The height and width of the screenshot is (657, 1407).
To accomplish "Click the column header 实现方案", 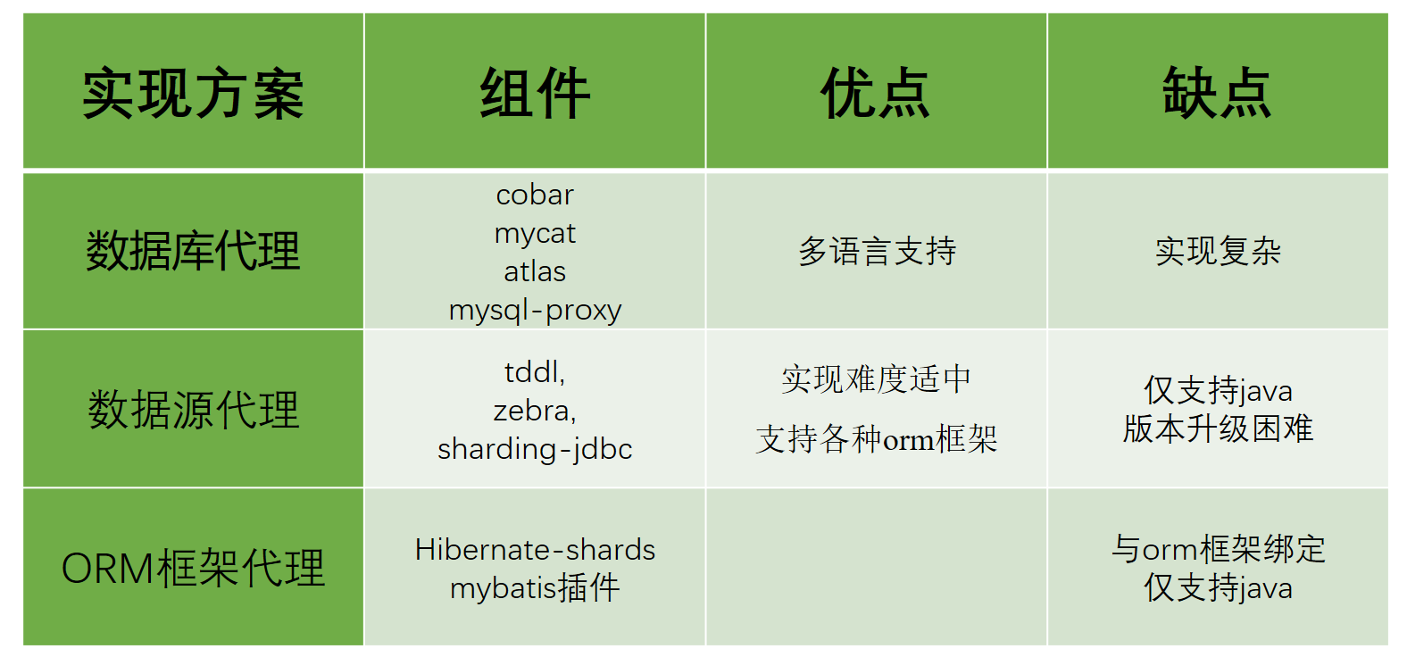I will [x=193, y=93].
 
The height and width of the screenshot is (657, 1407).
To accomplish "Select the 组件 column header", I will [x=535, y=93].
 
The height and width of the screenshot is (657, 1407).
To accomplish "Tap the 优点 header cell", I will [x=876, y=93].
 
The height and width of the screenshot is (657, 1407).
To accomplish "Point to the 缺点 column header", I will [x=1217, y=93].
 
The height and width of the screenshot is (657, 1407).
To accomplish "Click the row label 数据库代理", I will [x=193, y=251].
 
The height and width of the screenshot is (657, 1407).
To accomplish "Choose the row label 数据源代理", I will [x=193, y=410].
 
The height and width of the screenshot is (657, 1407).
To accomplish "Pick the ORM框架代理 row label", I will [x=193, y=568].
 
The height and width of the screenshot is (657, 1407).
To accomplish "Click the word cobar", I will [x=535, y=195].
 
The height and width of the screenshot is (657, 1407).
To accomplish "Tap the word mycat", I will [x=535, y=233].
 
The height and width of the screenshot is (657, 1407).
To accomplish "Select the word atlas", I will [x=535, y=271].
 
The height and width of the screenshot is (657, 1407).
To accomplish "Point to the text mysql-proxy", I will [x=535, y=310].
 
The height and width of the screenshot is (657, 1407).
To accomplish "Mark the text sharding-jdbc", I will [x=535, y=449].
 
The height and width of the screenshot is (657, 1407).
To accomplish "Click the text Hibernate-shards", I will [x=535, y=549].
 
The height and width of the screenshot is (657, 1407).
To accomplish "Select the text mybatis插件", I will [x=535, y=587].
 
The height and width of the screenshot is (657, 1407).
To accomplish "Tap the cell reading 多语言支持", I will [x=877, y=251].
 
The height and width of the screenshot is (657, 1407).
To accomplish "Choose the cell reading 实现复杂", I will [x=1218, y=251].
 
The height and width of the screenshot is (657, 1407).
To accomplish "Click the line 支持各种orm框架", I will [x=877, y=439].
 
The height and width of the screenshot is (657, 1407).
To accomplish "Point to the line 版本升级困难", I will [x=1218, y=428].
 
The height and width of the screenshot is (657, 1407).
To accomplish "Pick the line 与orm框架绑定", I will [x=1218, y=549].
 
